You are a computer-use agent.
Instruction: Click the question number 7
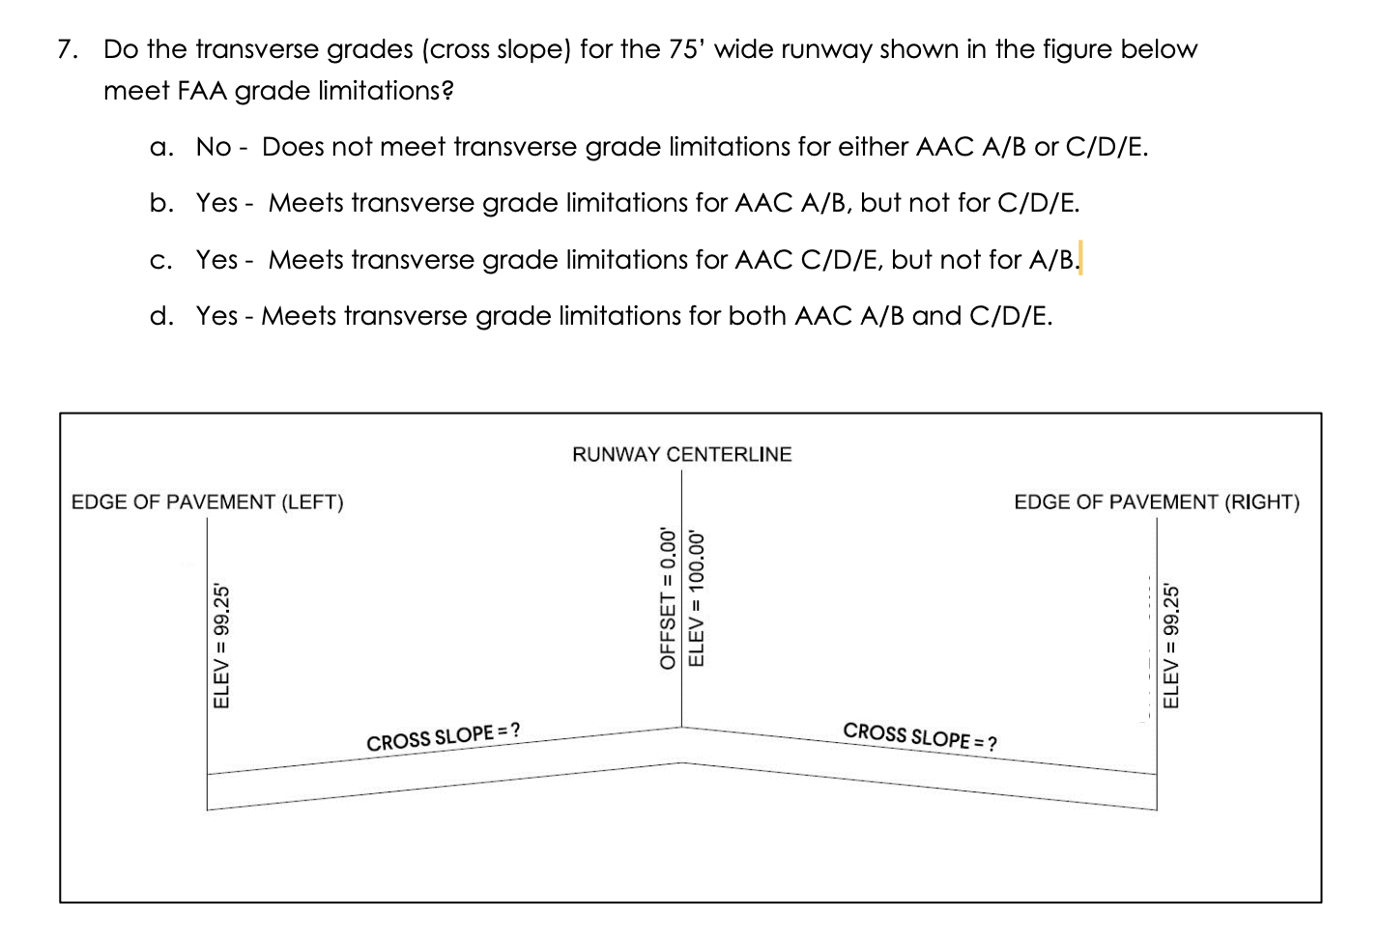[x=65, y=49]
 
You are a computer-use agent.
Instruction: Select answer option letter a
[x=161, y=148]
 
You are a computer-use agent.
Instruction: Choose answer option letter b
[x=161, y=204]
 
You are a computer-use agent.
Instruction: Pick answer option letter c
[x=161, y=261]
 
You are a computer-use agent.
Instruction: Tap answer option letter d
[x=161, y=317]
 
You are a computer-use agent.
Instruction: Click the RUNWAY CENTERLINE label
[x=681, y=454]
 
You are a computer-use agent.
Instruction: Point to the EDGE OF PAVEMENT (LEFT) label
[x=208, y=503]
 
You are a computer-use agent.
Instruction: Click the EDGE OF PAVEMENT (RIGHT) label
[x=1157, y=503]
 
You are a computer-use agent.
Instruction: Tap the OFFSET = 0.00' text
[x=666, y=598]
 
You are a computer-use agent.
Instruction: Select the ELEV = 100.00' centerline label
[x=695, y=598]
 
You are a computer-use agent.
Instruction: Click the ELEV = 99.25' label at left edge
[x=221, y=645]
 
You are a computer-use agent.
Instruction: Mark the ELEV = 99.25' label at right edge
[x=1172, y=645]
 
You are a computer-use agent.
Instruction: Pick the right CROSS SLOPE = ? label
[x=921, y=735]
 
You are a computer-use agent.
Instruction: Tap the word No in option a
[x=214, y=148]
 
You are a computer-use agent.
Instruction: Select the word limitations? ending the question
[x=386, y=92]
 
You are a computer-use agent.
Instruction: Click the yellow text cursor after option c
[x=1079, y=260]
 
